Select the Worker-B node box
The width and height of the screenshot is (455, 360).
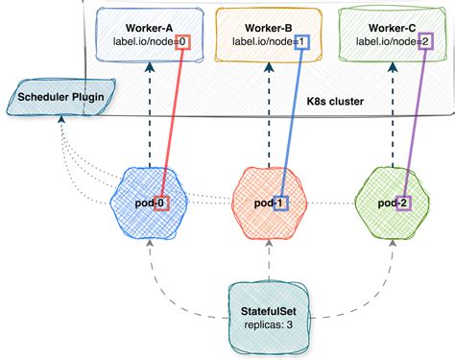tap(265, 33)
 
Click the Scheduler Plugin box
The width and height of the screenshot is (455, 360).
tap(60, 97)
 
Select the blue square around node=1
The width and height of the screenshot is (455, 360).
tap(302, 41)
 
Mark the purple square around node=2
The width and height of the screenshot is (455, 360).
tap(426, 41)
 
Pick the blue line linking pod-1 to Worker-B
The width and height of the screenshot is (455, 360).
tap(293, 120)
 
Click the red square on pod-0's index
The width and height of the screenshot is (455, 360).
tap(162, 203)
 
